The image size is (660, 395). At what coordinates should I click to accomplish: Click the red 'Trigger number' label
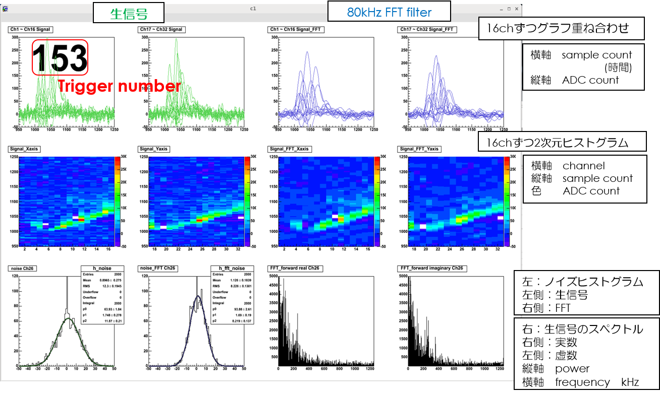pyautogui.click(x=119, y=86)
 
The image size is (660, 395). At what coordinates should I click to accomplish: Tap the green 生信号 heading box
pyautogui.click(x=128, y=13)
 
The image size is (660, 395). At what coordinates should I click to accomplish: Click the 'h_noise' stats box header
pyautogui.click(x=102, y=268)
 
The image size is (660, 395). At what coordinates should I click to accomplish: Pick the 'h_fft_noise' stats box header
pyautogui.click(x=231, y=268)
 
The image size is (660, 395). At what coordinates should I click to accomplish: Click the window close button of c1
pyautogui.click(x=516, y=9)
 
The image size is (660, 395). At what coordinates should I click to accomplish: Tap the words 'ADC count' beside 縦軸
pyautogui.click(x=590, y=80)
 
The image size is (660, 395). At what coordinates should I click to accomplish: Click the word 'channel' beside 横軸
pyautogui.click(x=583, y=166)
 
